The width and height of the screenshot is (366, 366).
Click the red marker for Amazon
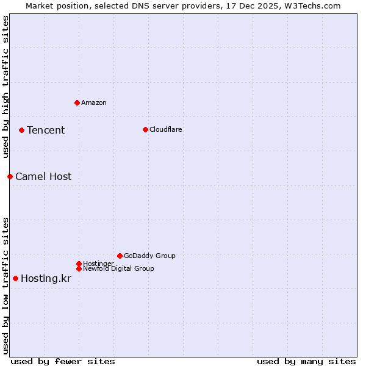77,102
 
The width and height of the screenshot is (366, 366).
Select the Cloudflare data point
145,129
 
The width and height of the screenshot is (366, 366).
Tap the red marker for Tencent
21,130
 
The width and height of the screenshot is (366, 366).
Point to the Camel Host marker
10,176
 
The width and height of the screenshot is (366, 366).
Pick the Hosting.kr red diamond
15,278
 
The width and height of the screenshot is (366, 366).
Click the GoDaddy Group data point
120,256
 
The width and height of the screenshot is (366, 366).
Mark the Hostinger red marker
79,264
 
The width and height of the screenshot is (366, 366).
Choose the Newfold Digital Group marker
79,268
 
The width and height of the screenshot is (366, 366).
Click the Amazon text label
94,102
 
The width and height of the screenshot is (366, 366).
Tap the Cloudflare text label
166,129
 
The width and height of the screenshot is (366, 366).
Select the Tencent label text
46,130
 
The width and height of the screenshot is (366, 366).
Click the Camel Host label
43,176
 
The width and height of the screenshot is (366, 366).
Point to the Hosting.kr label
46,278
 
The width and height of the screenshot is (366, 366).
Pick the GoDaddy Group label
149,256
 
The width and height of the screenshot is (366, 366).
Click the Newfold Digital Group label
119,268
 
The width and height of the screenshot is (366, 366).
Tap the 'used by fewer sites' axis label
63,361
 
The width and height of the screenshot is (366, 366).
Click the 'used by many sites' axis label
306,361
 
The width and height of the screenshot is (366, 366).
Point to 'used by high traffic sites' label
5,87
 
